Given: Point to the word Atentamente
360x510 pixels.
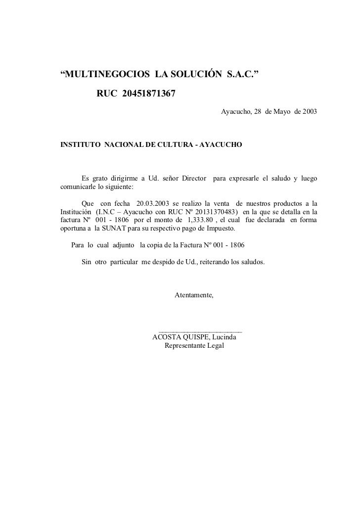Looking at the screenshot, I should click(194, 295).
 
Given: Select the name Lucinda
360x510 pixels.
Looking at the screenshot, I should click(224, 337).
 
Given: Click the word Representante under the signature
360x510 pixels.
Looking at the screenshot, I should click(186, 346).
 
